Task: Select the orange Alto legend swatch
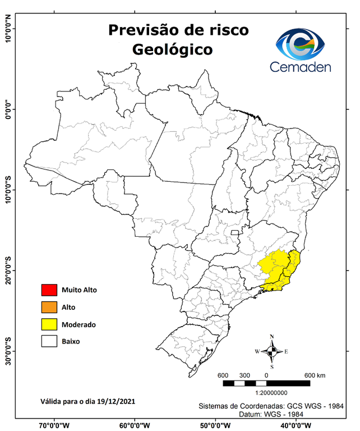click(x=49, y=307)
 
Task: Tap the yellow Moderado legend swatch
click(x=49, y=324)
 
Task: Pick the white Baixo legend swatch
click(x=49, y=341)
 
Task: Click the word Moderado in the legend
click(x=79, y=324)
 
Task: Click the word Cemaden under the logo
click(x=301, y=67)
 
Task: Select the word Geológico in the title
click(x=172, y=49)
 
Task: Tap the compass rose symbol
click(x=272, y=352)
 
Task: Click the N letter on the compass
click(x=272, y=337)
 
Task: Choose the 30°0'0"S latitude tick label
click(x=8, y=351)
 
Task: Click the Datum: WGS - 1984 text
click(x=272, y=414)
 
